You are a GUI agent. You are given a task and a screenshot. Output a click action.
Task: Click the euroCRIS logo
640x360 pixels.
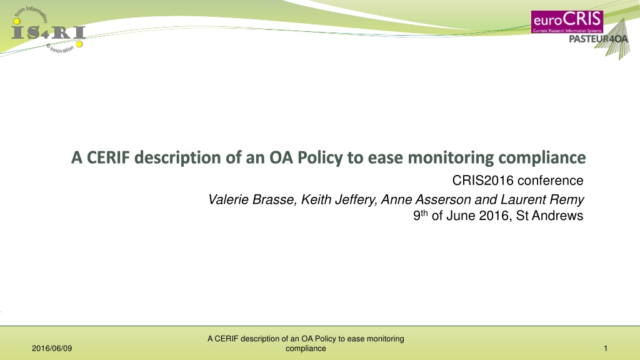pos(567,22)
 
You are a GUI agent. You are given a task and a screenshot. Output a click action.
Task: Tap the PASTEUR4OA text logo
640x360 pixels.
pos(598,39)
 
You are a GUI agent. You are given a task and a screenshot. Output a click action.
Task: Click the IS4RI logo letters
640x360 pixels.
pos(48,32)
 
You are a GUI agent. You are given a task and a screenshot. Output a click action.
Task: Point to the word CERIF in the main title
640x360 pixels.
pos(108,157)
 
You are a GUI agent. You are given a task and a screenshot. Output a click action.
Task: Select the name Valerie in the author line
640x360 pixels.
pos(229,199)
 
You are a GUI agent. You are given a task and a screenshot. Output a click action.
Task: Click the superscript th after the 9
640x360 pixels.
pos(424,212)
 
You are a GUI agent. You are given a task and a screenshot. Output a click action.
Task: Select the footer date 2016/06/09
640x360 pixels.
pos(52,349)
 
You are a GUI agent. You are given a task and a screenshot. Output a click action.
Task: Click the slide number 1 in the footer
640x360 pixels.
pos(606,349)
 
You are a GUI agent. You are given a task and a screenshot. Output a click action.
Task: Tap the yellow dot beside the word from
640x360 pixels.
pos(17,21)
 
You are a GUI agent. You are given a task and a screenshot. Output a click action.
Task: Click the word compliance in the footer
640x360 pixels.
pos(306,349)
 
